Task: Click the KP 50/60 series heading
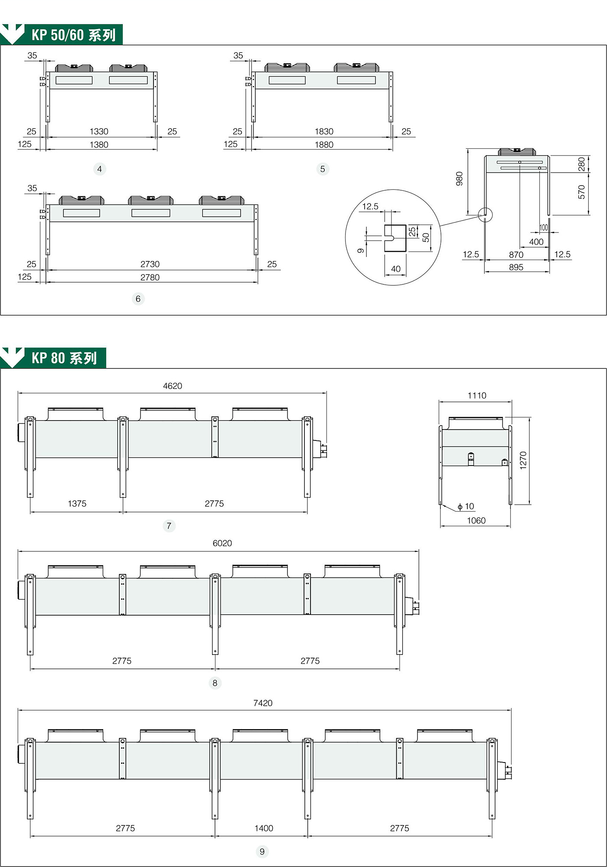tap(73, 35)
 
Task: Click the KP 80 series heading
tap(64, 358)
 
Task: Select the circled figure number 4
tap(100, 169)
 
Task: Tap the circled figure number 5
tap(323, 169)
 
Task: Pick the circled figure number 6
tap(138, 299)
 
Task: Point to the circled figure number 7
tap(169, 526)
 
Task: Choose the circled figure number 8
tap(215, 683)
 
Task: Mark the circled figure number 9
tap(262, 852)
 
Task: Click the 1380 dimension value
tap(99, 145)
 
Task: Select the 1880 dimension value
tap(324, 145)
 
